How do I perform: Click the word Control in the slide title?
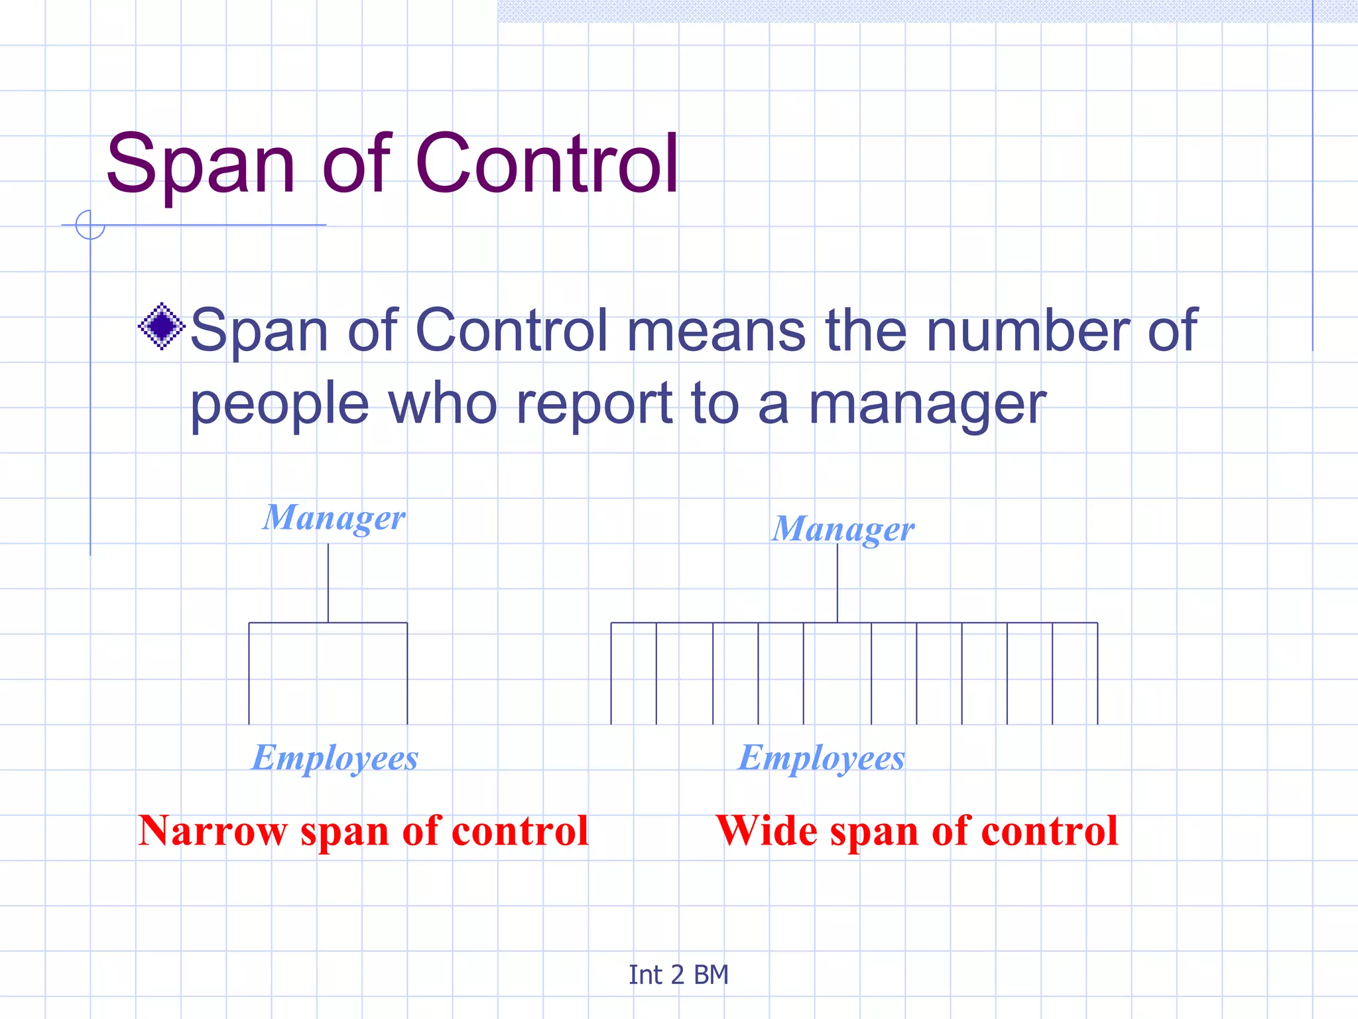coord(547,164)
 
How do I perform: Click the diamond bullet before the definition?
coord(161,326)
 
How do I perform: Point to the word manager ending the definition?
coord(927,405)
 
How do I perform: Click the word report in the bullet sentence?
coord(595,405)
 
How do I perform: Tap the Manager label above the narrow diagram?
coord(334,518)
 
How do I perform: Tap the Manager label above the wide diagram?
coord(843,529)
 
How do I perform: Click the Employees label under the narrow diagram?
coord(335,758)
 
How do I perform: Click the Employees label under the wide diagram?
coord(822,758)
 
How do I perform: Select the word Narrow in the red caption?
coord(212,831)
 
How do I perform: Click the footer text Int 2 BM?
coord(678,975)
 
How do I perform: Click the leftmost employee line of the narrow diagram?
coord(249,673)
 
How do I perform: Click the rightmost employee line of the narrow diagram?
coord(407,673)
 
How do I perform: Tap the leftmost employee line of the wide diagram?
coord(611,673)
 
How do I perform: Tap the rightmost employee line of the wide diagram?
coord(1097,673)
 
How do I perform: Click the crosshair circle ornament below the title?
coord(90,225)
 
